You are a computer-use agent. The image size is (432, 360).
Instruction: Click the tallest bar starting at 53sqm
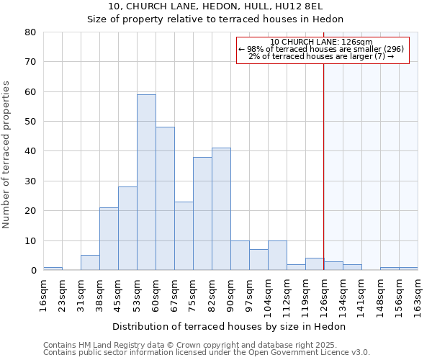click(146, 182)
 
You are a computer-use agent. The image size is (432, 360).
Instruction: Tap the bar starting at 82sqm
click(221, 209)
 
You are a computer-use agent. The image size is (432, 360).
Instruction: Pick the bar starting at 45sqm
click(127, 228)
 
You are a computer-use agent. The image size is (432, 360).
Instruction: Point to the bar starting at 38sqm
click(109, 238)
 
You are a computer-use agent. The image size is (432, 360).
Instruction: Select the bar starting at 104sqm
click(277, 255)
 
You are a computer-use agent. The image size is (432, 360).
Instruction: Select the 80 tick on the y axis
click(30, 32)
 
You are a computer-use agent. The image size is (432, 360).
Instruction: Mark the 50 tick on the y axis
click(30, 122)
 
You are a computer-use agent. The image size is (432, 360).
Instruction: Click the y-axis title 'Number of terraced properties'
click(7, 154)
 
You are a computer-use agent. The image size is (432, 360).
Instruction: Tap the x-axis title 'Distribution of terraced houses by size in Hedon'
click(230, 327)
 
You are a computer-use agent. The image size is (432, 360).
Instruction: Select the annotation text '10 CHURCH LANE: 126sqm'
click(322, 42)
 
